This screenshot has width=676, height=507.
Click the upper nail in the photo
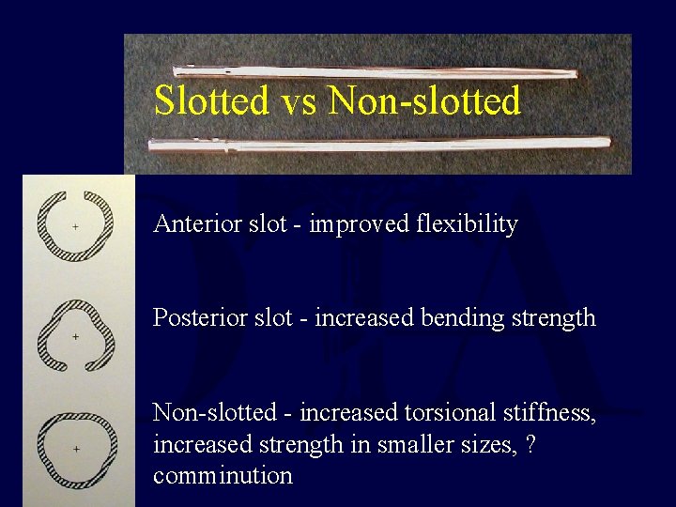pyautogui.click(x=376, y=72)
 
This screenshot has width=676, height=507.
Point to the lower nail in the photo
pyautogui.click(x=376, y=144)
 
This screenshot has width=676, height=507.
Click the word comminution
pyautogui.click(x=223, y=476)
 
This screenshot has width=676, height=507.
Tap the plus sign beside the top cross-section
pyautogui.click(x=76, y=227)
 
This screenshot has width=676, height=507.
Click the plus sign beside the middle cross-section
pyautogui.click(x=76, y=335)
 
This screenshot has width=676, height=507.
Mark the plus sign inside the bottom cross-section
pyautogui.click(x=76, y=450)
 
